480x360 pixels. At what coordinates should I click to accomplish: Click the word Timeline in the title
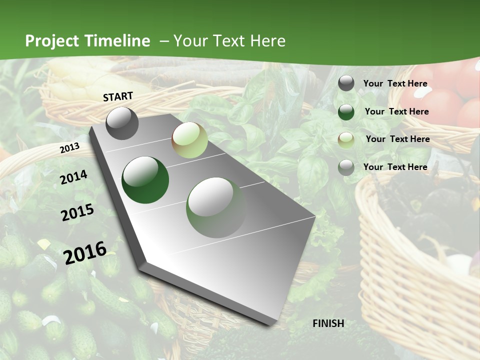click(x=117, y=41)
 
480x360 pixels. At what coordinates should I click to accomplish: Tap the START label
click(x=118, y=96)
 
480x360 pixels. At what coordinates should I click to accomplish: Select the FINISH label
click(x=328, y=323)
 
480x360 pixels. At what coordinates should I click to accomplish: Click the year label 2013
click(x=69, y=148)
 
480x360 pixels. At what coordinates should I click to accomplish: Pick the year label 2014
click(x=73, y=177)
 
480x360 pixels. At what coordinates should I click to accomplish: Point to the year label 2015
click(x=77, y=212)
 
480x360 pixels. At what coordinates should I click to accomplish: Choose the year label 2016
click(x=85, y=252)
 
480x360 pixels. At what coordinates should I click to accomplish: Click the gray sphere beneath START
click(x=122, y=123)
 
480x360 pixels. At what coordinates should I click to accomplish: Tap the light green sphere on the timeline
click(x=189, y=140)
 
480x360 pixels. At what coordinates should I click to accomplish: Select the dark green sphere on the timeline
click(x=145, y=180)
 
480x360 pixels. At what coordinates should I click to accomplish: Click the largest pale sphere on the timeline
click(x=216, y=207)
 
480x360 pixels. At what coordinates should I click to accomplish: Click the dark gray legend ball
click(x=346, y=83)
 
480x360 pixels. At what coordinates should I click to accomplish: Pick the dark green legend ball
click(x=346, y=111)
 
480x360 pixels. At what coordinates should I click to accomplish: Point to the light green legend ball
click(x=346, y=139)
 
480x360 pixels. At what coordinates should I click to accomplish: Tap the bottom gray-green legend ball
click(x=346, y=167)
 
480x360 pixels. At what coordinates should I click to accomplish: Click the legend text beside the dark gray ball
click(x=395, y=83)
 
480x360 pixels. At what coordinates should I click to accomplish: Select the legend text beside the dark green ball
click(x=397, y=111)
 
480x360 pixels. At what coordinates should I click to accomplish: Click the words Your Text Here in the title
click(x=229, y=41)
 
